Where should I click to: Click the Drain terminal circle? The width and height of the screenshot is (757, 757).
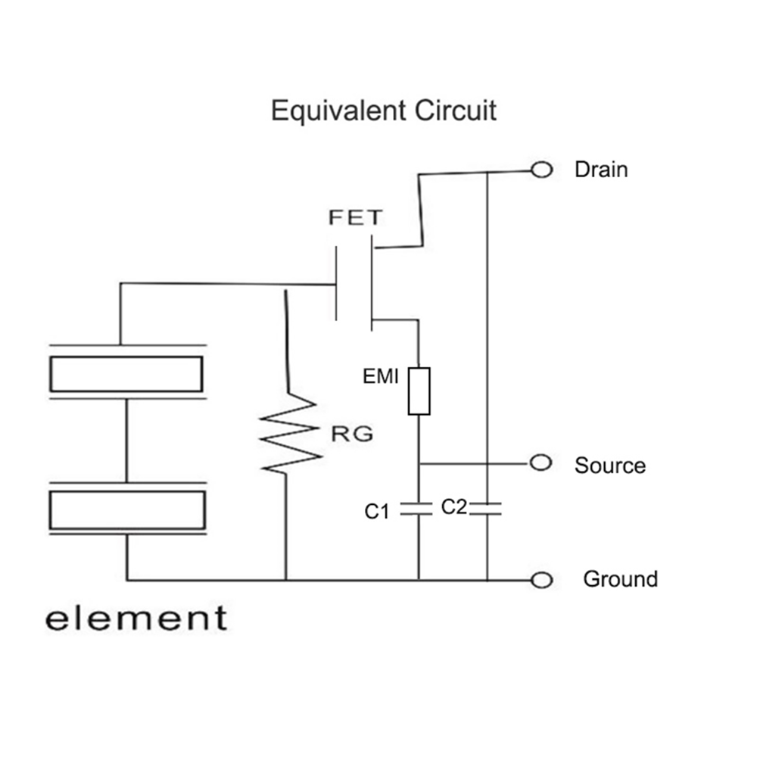tap(541, 170)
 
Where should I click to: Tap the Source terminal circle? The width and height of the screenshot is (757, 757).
tap(540, 462)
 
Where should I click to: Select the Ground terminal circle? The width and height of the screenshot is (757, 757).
tap(541, 580)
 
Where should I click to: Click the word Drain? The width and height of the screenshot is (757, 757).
tap(601, 169)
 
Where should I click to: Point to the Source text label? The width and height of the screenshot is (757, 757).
tap(609, 465)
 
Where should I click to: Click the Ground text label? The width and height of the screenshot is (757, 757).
tap(619, 579)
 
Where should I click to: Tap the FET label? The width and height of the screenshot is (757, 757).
tap(355, 218)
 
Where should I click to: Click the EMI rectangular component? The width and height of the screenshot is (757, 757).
tap(419, 391)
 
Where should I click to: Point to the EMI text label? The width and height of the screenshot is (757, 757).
tap(381, 376)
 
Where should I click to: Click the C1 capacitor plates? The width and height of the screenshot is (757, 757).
tap(419, 508)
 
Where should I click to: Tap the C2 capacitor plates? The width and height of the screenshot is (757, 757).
tap(486, 508)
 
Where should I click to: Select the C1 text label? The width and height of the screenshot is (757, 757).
tap(377, 512)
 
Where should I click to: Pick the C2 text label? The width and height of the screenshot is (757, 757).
tap(453, 507)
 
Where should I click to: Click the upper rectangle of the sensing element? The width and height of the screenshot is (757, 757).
tap(126, 373)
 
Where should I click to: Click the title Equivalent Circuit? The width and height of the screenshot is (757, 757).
tap(384, 111)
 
